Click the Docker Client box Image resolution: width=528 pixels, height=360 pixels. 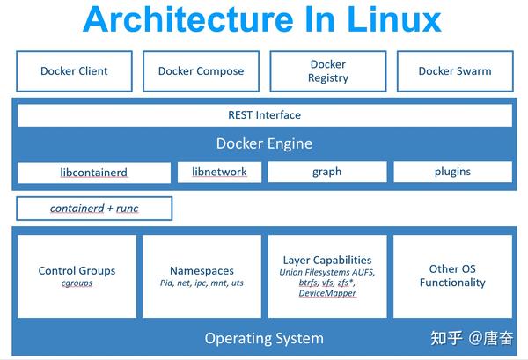(x=74, y=71)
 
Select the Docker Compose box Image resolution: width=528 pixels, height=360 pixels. (x=201, y=71)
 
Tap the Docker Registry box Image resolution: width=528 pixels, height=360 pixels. (x=328, y=71)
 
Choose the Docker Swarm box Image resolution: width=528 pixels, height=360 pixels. (x=455, y=71)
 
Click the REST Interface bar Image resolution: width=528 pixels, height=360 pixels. (x=264, y=115)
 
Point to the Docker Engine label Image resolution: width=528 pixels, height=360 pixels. (x=264, y=143)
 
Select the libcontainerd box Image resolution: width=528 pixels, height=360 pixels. (x=94, y=172)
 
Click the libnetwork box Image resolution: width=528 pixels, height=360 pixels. (x=219, y=172)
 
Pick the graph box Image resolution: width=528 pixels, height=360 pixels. (x=326, y=172)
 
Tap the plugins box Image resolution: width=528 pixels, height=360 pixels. (x=452, y=172)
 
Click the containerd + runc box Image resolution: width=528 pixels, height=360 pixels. (x=94, y=209)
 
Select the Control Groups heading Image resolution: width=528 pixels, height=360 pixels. (x=77, y=270)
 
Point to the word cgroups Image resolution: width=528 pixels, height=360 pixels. (x=77, y=283)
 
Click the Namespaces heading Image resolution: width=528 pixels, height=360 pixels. (x=202, y=270)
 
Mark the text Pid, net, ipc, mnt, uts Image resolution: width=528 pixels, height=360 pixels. (x=202, y=283)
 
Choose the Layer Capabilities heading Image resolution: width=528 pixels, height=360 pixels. (x=327, y=260)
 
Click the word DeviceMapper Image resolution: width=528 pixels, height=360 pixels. (x=327, y=293)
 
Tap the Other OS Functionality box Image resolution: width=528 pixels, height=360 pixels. (x=452, y=276)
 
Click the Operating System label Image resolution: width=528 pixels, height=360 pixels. (x=264, y=338)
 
